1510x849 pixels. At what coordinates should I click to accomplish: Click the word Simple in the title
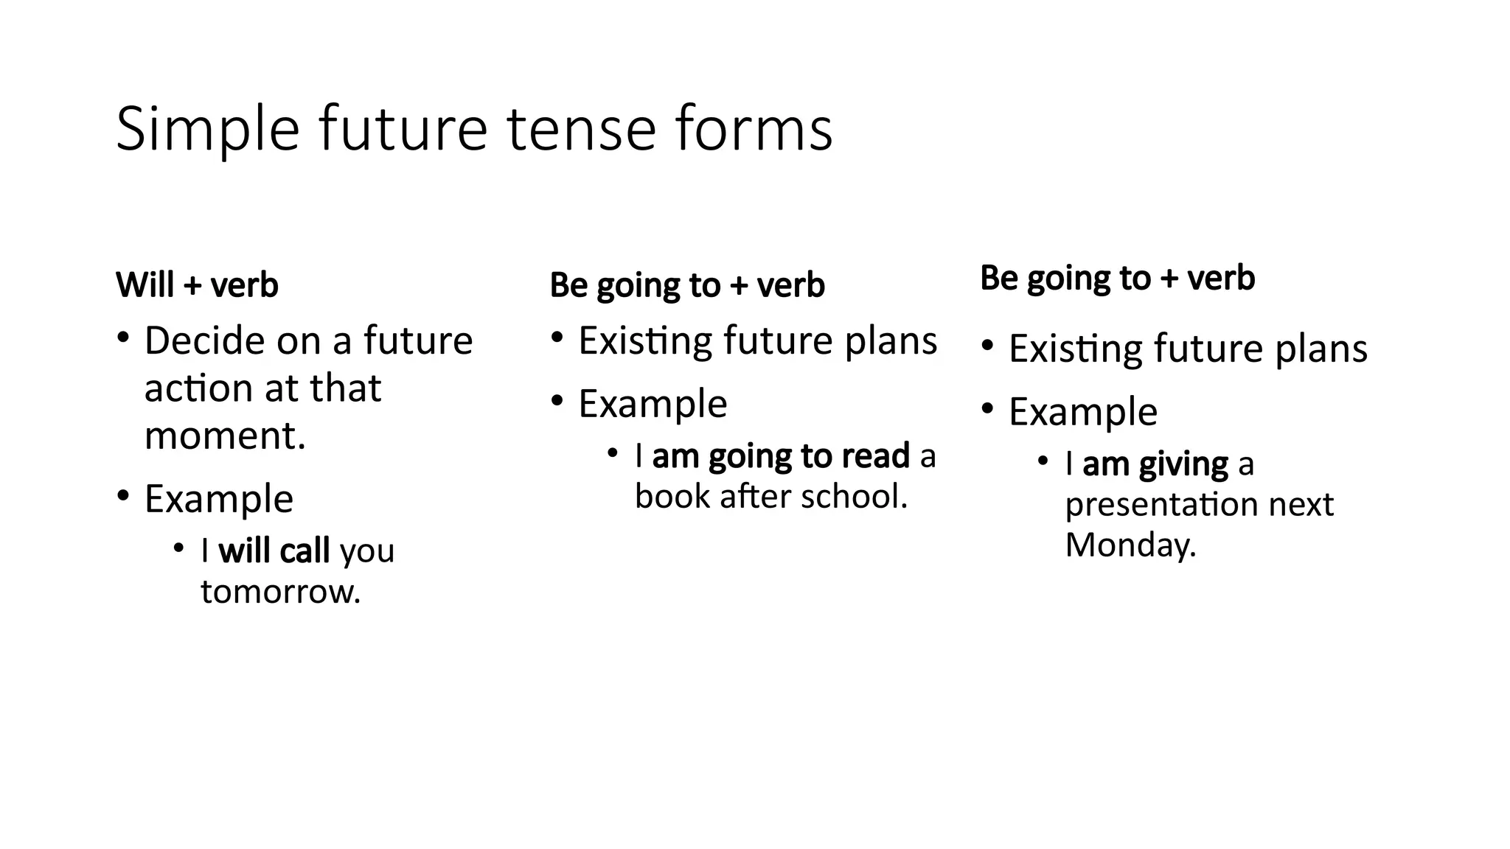coord(207,130)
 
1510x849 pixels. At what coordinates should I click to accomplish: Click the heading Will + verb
coord(197,285)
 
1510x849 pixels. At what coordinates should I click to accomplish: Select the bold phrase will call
coord(274,551)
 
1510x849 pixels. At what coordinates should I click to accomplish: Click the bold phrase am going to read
coord(781,457)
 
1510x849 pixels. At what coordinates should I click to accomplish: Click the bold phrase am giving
coord(1155,465)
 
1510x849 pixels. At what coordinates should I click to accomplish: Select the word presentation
coord(1161,506)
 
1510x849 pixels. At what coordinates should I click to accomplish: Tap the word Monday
coord(1129,546)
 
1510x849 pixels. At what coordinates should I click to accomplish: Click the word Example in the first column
coord(219,499)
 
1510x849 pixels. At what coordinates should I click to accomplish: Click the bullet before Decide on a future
coord(123,339)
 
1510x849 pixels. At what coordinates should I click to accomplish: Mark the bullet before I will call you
coord(178,548)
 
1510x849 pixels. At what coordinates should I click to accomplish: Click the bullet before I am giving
coord(1042,462)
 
